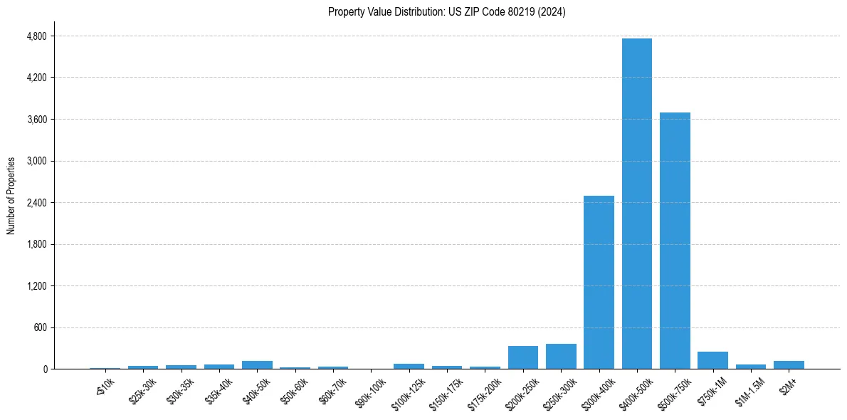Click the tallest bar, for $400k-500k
pyautogui.click(x=636, y=204)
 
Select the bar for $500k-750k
pyautogui.click(x=675, y=241)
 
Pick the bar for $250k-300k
pyautogui.click(x=561, y=357)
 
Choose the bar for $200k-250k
pyautogui.click(x=522, y=357)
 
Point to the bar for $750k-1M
pyautogui.click(x=712, y=360)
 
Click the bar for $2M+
pyautogui.click(x=789, y=365)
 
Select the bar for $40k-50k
pyautogui.click(x=257, y=365)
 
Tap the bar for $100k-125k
pyautogui.click(x=409, y=367)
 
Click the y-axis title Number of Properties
pyautogui.click(x=11, y=195)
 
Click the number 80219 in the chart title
pyautogui.click(x=523, y=12)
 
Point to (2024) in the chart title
pyautogui.click(x=552, y=12)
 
